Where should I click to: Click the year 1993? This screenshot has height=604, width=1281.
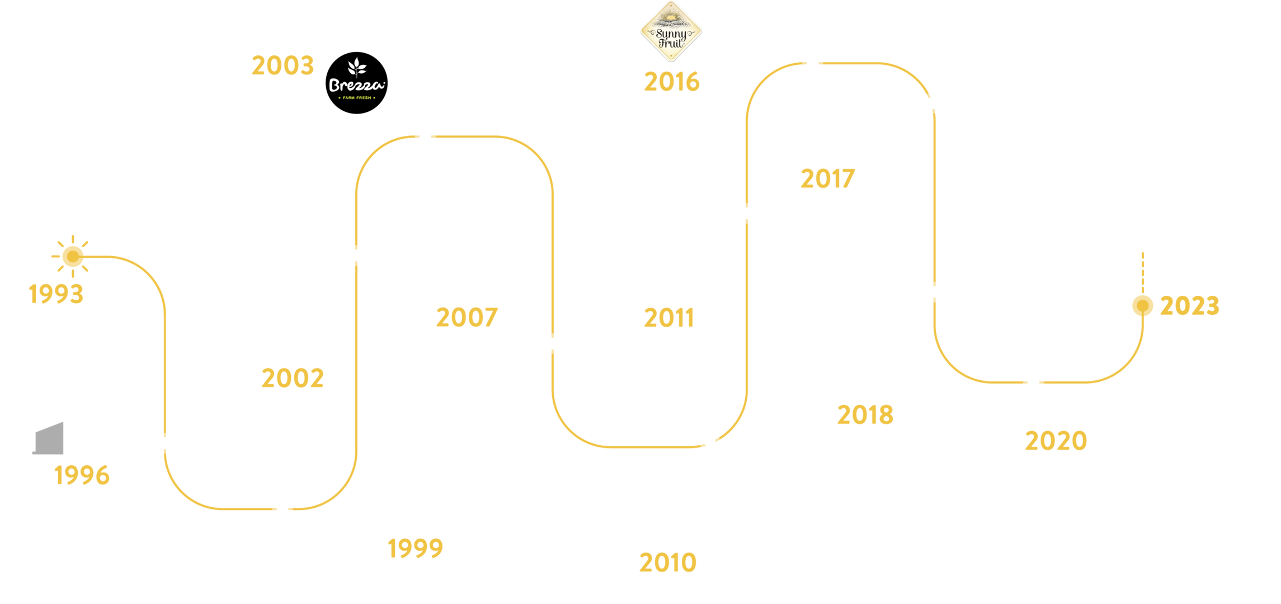pos(56,294)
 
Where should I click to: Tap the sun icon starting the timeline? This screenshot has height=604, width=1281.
pos(72,257)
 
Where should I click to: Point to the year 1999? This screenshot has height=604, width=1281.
pos(415,548)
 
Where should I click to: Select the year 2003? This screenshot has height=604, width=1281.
pos(282,66)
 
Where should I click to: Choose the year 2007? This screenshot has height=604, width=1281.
pos(467,318)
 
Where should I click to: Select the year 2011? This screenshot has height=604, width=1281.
pos(668,318)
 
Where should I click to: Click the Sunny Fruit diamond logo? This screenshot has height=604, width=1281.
pos(671,32)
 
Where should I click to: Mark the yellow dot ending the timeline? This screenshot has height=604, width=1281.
pos(1142,306)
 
